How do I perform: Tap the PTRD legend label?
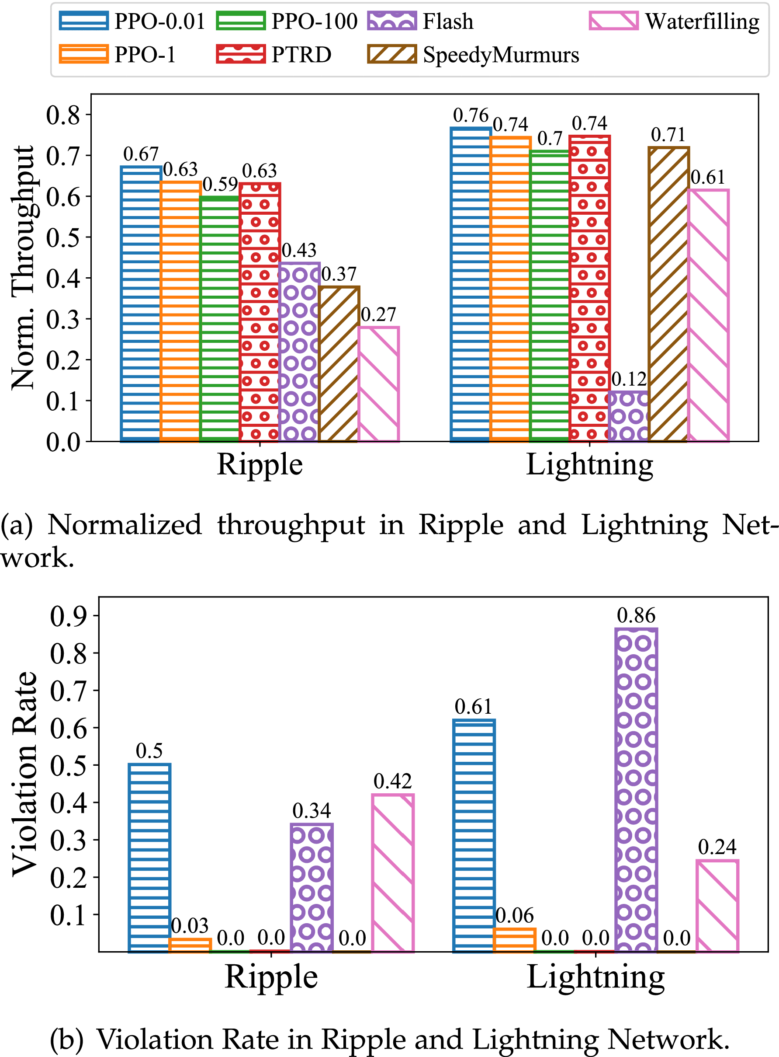301,55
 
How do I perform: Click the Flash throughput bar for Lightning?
629,416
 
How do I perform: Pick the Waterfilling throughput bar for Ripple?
378,384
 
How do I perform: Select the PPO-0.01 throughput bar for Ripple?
141,303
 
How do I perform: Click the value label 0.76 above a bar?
471,115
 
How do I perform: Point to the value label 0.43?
299,251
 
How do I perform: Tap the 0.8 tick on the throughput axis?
63,115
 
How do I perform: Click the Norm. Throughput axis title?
24,268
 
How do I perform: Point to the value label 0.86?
636,616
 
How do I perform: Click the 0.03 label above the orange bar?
190,926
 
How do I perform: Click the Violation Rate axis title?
25,774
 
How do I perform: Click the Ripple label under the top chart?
260,465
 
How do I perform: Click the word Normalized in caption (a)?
125,525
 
